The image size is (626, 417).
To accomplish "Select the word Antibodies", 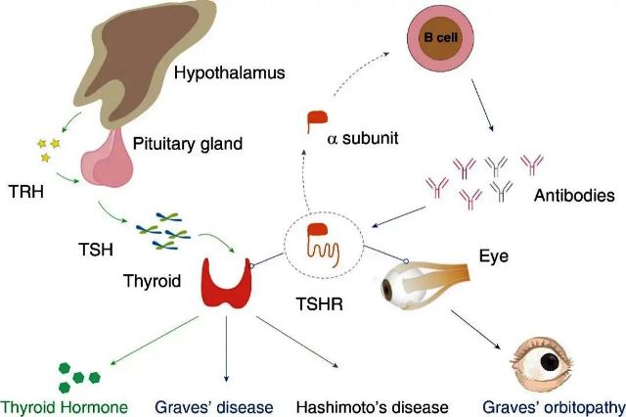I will click(x=574, y=196).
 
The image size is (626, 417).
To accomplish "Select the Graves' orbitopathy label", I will click(x=547, y=405).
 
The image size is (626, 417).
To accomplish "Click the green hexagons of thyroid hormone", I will click(x=79, y=371).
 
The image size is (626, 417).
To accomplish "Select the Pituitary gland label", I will click(x=200, y=144).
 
